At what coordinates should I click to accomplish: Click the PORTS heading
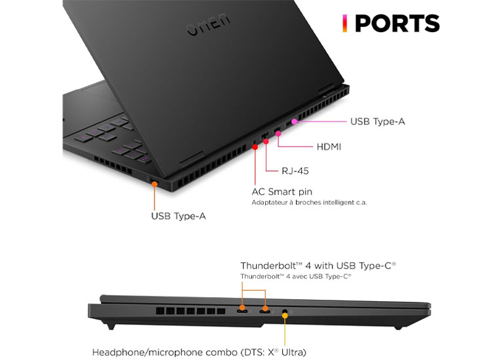pyautogui.click(x=397, y=24)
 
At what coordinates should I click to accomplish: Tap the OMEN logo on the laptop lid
pyautogui.click(x=209, y=25)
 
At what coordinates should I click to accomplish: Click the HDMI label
pyautogui.click(x=329, y=147)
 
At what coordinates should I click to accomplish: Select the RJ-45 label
pyautogui.click(x=295, y=171)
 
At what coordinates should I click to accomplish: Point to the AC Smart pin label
pyautogui.click(x=282, y=192)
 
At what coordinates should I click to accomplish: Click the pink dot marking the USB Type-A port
pyautogui.click(x=294, y=122)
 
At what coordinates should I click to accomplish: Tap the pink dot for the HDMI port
pyautogui.click(x=278, y=134)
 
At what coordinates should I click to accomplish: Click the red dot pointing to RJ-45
pyautogui.click(x=266, y=141)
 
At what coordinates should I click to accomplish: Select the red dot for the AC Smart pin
pyautogui.click(x=255, y=147)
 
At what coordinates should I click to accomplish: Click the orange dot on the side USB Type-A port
pyautogui.click(x=155, y=184)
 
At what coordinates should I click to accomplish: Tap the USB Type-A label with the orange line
pyautogui.click(x=179, y=216)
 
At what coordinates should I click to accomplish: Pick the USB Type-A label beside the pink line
pyautogui.click(x=378, y=122)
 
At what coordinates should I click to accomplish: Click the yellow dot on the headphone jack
pyautogui.click(x=285, y=315)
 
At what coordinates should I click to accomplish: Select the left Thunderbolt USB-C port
pyautogui.click(x=242, y=312)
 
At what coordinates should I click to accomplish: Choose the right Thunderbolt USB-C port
pyautogui.click(x=265, y=312)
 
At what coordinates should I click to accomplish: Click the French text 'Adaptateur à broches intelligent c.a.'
pyautogui.click(x=309, y=202)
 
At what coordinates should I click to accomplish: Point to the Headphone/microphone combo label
pyautogui.click(x=199, y=353)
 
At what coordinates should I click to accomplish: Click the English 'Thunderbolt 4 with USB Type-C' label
pyautogui.click(x=318, y=266)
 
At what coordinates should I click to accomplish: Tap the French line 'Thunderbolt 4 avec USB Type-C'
pyautogui.click(x=296, y=276)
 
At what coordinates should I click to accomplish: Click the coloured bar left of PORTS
pyautogui.click(x=344, y=24)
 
